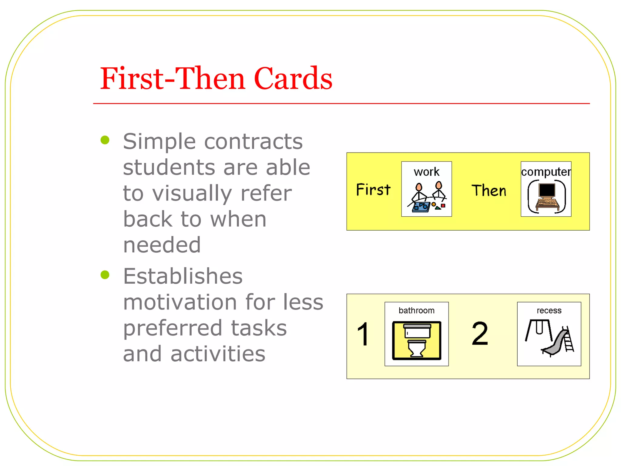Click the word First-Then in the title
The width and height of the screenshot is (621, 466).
coord(173,79)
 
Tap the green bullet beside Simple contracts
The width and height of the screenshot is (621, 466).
coord(105,140)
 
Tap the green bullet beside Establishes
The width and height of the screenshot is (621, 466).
coord(105,275)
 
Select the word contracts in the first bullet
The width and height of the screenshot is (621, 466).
coord(253,141)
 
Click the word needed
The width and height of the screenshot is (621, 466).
coord(162,245)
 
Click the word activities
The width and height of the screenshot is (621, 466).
coord(218,354)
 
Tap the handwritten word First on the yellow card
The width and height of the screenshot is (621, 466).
coord(373,190)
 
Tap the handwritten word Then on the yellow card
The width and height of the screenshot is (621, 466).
coord(489,191)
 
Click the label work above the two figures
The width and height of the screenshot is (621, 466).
coord(426,172)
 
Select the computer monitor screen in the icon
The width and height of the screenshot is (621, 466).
coord(547,190)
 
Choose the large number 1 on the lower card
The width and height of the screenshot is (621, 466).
coord(363,334)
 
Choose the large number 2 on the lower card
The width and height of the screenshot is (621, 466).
coord(480,334)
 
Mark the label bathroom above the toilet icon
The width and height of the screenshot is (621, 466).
coord(416,310)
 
